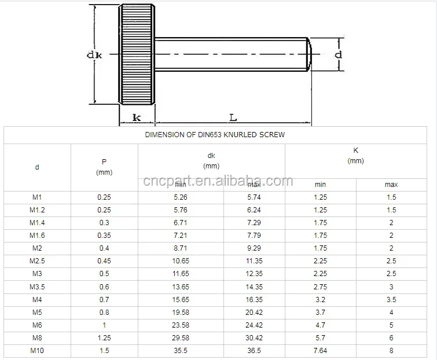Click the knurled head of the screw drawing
coord(137,54)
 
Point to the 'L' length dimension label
coord(233,117)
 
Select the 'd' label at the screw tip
coord(339,54)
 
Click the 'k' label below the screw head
coord(137,117)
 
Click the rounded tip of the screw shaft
coord(309,54)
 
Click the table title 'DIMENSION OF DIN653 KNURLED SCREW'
coord(214,135)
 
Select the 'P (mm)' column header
coord(104,167)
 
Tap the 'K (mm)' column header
coord(355,155)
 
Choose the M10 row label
coord(37,350)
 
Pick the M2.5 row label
coord(37,261)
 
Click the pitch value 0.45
coord(104,261)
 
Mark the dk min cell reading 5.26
coord(181,197)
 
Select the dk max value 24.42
coord(254,325)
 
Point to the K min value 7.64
coord(320,350)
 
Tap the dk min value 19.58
coord(181,312)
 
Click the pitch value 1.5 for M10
coord(104,350)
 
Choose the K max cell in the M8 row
coord(391,337)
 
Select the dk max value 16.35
coord(254,299)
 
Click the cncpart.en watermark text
coord(218,181)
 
